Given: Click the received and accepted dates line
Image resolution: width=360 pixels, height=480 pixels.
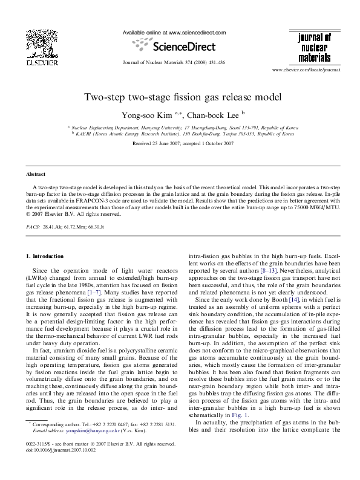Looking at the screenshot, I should pyautogui.click(x=180, y=143).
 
